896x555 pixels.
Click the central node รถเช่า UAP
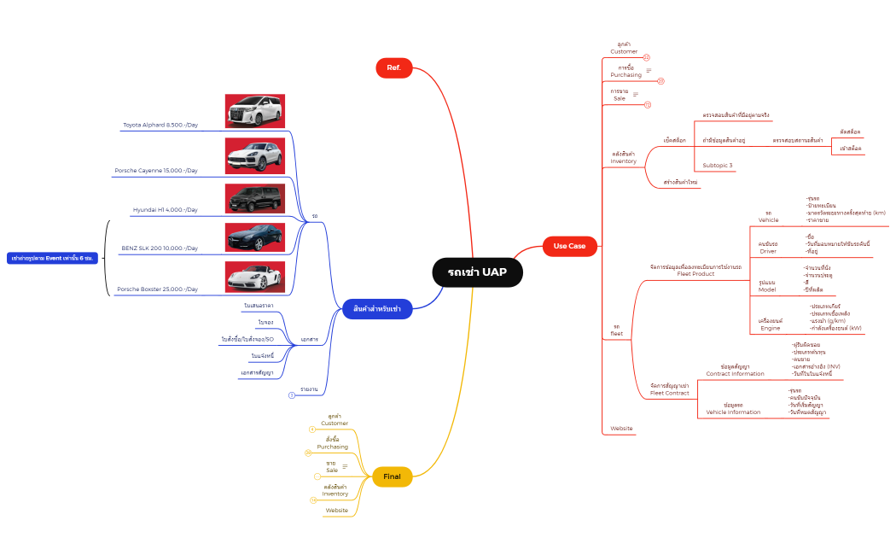477,272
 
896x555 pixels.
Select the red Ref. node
393,67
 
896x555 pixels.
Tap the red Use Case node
569,246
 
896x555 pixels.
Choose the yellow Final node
392,476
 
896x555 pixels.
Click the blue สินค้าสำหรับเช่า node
376,309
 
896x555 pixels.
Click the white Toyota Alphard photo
254,111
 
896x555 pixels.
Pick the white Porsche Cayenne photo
254,155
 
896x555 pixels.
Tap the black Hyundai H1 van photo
254,198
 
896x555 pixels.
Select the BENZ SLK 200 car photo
254,237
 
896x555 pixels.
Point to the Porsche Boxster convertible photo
254,277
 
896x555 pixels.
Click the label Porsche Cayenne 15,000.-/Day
156,171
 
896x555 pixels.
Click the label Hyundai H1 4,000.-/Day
166,210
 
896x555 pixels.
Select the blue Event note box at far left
53,257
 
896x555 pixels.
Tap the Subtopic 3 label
718,165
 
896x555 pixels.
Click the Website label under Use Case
621,428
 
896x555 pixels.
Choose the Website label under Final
336,510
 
